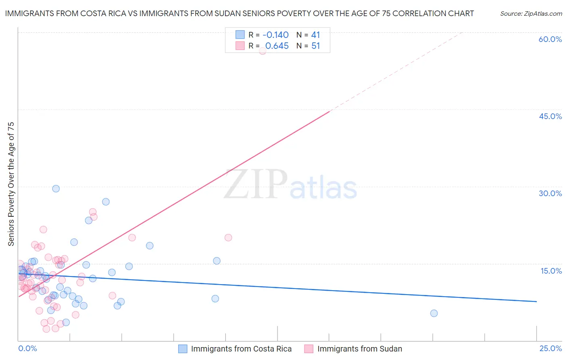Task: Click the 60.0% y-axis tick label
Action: click(550, 39)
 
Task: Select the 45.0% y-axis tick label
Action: click(550, 116)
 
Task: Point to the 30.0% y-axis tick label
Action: click(550, 193)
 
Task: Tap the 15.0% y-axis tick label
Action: click(551, 271)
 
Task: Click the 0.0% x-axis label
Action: click(27, 348)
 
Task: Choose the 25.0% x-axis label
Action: click(550, 348)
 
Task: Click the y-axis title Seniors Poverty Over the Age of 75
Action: click(11, 184)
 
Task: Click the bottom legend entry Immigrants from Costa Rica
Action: click(241, 349)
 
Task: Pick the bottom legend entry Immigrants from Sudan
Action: click(359, 349)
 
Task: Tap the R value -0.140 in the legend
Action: click(275, 35)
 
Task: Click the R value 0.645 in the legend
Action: click(277, 46)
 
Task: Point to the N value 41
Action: click(315, 35)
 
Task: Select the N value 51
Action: click(315, 46)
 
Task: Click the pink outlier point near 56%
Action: click(263, 50)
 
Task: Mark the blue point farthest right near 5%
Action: click(434, 313)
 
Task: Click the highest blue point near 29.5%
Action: click(56, 188)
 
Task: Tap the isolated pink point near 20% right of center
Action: click(228, 237)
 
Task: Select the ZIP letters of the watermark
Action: click(255, 184)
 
